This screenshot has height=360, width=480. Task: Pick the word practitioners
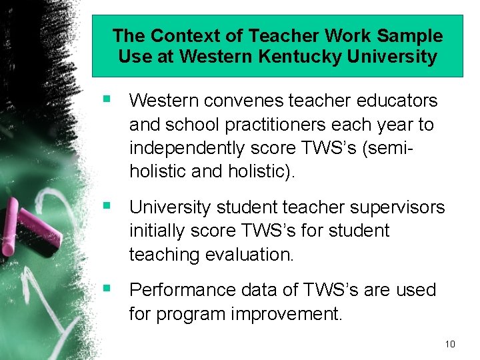click(x=279, y=125)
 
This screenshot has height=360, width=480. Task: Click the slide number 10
click(x=449, y=344)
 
